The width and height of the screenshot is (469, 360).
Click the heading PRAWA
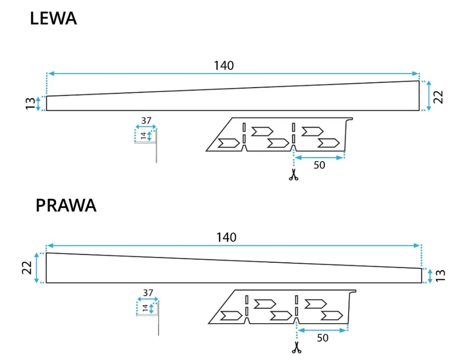tap(66, 206)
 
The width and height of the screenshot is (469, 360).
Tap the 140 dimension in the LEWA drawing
tap(224, 65)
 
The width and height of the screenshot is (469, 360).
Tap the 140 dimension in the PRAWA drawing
tap(226, 237)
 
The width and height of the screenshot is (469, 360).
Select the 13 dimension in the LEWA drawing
tap(30, 103)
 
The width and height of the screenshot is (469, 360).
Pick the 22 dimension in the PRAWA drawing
tap(27, 268)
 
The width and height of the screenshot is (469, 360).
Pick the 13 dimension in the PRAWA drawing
tap(440, 276)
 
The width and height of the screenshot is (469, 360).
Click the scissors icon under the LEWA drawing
tap(293, 175)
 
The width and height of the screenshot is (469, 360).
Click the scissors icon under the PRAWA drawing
tap(296, 347)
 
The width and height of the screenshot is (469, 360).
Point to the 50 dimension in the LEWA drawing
tap(319, 165)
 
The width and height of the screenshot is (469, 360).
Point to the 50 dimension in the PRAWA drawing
tap(322, 338)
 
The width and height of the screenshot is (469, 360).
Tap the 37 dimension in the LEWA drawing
tap(147, 120)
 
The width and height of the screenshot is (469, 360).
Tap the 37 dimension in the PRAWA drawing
tap(148, 293)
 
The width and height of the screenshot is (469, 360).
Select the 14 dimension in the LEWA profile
tap(144, 136)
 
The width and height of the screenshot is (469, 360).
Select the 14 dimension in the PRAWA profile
tap(145, 308)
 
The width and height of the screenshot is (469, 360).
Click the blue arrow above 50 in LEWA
tap(319, 157)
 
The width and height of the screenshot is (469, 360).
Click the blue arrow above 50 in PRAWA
tap(322, 330)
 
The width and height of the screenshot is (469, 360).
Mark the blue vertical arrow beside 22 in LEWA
tap(429, 96)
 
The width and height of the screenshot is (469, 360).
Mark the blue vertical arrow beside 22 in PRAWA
tap(37, 268)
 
